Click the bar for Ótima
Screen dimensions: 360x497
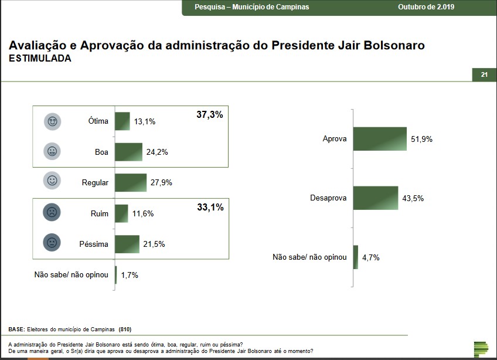tap(122, 121)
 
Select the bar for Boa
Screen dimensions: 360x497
tap(128, 152)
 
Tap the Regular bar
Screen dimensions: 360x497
tap(131, 182)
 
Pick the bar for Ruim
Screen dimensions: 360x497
tap(121, 213)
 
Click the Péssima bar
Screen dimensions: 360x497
tap(127, 244)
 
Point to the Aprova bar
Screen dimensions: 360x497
tap(380, 139)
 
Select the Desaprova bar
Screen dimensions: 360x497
tap(376, 198)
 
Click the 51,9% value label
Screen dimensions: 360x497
tap(421, 139)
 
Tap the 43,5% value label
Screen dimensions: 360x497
tap(413, 198)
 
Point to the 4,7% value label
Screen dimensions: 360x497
tap(370, 257)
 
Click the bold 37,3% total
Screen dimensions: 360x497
tap(209, 115)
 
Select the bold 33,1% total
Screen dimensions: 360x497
tap(209, 207)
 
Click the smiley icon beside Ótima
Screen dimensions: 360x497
tap(53, 121)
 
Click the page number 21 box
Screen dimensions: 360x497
tap(484, 74)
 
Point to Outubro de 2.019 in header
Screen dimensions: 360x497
tap(426, 7)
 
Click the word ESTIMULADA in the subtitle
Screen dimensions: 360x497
tap(40, 59)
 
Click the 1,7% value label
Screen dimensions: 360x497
tap(130, 274)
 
